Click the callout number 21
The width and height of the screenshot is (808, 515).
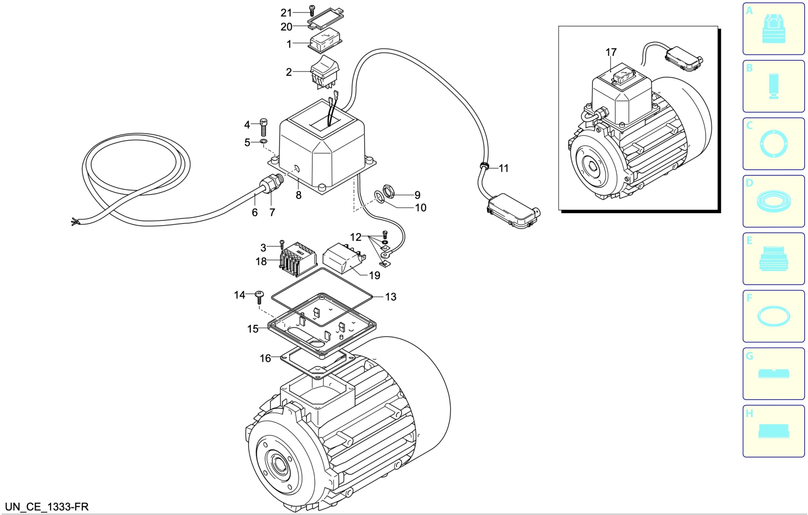(x=286, y=13)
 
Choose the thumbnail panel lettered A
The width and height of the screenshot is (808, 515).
(x=774, y=28)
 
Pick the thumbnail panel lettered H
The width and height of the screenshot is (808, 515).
(x=774, y=431)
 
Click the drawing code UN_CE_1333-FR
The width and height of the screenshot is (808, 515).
(x=47, y=506)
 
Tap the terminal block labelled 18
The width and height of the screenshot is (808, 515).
(x=298, y=259)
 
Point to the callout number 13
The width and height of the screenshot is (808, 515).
(x=390, y=297)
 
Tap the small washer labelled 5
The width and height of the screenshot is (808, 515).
(x=264, y=141)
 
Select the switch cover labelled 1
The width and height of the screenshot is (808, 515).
(x=325, y=41)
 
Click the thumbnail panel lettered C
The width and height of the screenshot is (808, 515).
(x=774, y=144)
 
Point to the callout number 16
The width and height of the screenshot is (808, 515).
(x=265, y=358)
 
